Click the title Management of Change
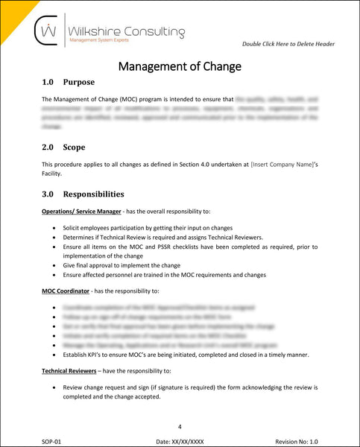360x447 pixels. pos(180,66)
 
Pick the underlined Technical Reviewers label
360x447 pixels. pos(73,370)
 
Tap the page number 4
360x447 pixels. pos(180,426)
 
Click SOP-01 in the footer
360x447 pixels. pos(52,441)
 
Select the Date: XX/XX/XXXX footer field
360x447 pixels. pos(180,441)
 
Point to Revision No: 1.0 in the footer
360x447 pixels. pos(296,441)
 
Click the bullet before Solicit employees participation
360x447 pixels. pos(56,227)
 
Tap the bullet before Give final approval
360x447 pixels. pos(56,265)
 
